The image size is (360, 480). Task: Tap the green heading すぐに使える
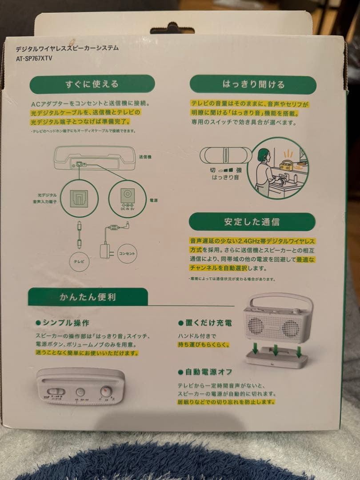(x=92, y=84)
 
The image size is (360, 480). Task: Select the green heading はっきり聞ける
(x=253, y=84)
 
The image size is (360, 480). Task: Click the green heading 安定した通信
(x=252, y=221)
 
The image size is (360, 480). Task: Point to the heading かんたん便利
(x=88, y=296)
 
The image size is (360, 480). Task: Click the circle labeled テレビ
(x=79, y=261)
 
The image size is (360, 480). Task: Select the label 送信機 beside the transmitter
(x=145, y=157)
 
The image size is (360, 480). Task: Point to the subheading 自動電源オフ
(x=208, y=372)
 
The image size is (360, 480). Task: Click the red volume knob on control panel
(x=106, y=392)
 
